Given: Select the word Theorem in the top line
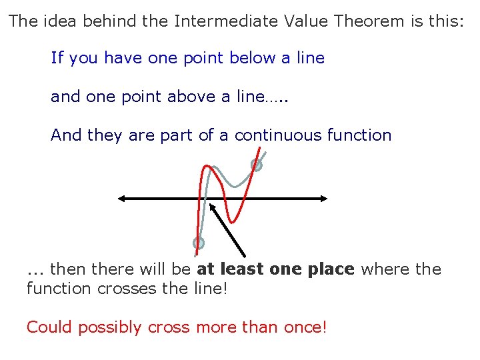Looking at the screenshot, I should click(x=369, y=21).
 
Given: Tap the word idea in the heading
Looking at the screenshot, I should click(x=57, y=21).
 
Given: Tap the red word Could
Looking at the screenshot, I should click(x=49, y=328).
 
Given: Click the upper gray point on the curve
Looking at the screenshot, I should click(x=256, y=165).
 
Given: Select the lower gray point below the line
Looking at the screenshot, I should click(x=198, y=243).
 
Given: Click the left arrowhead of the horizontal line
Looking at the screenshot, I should click(x=121, y=198).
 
